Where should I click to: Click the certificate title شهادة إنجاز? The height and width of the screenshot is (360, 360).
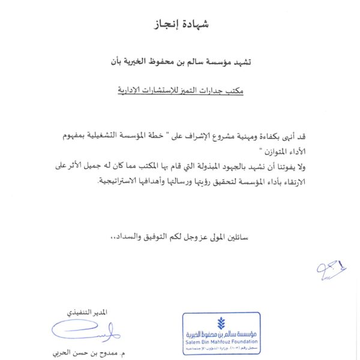(x=180, y=25)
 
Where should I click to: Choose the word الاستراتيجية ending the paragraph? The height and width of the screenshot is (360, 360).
(x=121, y=181)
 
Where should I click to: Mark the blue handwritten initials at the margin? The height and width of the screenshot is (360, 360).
(x=332, y=269)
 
